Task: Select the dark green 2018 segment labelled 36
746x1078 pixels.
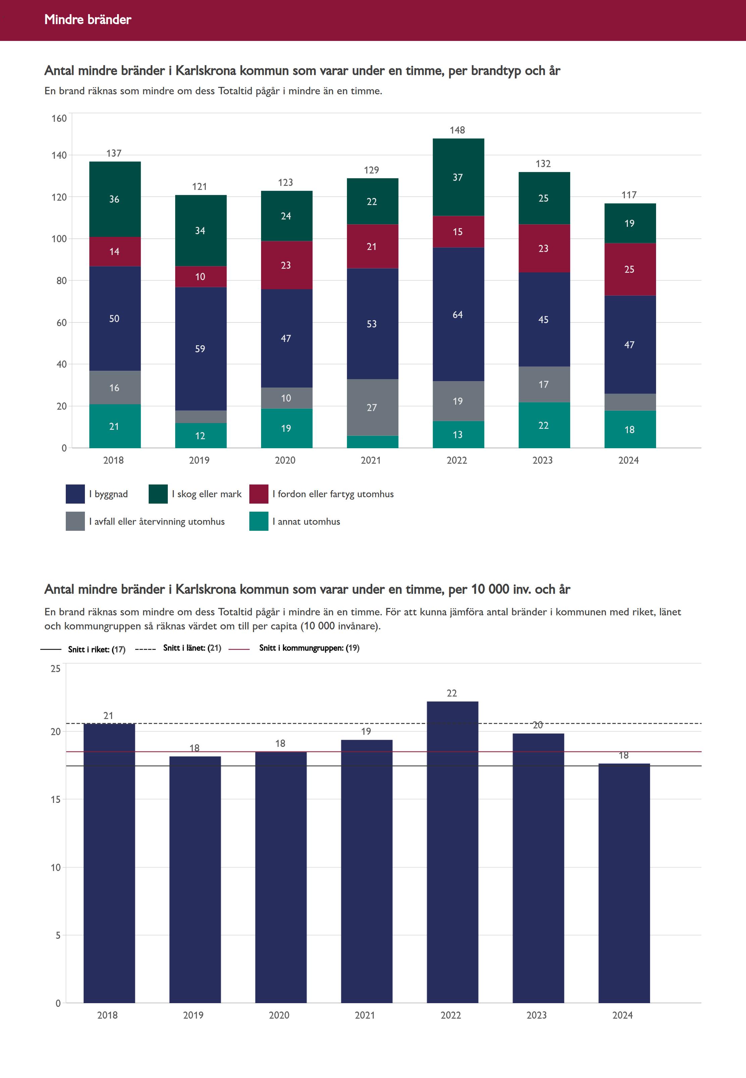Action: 114,199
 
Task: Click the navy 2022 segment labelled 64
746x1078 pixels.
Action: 458,314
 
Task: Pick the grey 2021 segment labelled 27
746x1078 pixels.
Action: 372,407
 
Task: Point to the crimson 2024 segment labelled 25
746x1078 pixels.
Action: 630,269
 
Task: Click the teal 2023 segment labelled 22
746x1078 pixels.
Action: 544,425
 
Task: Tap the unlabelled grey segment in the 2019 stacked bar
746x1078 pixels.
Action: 201,417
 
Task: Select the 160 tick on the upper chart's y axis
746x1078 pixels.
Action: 59,118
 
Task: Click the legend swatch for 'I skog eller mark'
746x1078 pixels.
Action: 158,494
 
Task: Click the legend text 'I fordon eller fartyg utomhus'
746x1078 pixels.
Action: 333,494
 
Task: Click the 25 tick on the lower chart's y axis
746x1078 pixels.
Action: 56,669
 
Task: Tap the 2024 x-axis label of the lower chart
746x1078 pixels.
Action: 622,1015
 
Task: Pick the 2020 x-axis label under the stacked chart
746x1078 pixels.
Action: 285,460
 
